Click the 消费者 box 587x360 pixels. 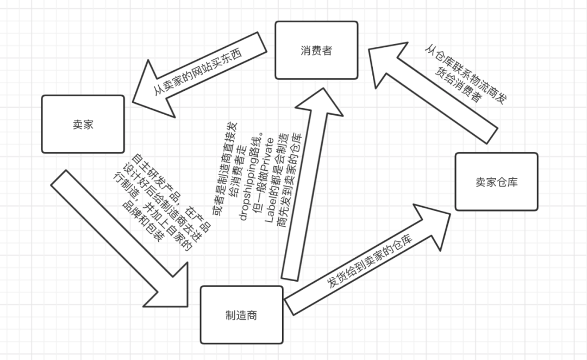[x=316, y=51]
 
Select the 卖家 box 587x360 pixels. [x=83, y=124]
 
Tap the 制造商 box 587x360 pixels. [x=241, y=315]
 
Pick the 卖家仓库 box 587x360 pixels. [x=496, y=182]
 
